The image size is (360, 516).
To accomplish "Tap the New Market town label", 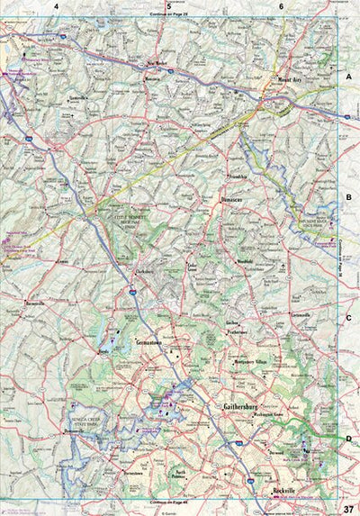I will tap(159, 64).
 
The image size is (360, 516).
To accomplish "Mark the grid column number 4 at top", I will tap(56, 6).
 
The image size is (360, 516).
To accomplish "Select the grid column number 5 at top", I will tap(168, 6).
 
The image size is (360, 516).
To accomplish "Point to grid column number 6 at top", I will tap(281, 6).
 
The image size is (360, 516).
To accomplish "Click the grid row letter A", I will tap(347, 78).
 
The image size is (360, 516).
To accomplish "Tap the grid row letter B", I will tap(347, 196).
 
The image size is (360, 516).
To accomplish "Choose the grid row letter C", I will tap(347, 318).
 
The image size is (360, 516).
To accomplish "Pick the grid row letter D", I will tap(347, 439).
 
